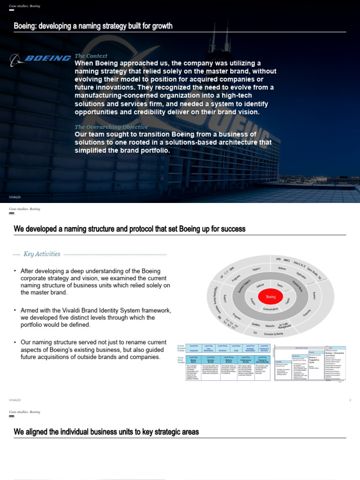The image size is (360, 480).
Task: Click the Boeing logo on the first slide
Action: tap(40, 59)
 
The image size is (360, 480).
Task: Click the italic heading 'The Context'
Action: tap(91, 56)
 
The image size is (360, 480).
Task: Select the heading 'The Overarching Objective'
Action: tap(111, 127)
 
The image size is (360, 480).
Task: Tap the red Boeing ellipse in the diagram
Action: tap(271, 297)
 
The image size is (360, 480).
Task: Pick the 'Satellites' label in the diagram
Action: tap(255, 324)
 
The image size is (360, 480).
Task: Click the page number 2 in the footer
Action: tap(350, 400)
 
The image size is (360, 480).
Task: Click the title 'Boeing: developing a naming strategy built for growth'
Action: tap(93, 26)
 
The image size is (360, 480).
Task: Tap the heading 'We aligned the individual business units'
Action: tap(106, 432)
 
